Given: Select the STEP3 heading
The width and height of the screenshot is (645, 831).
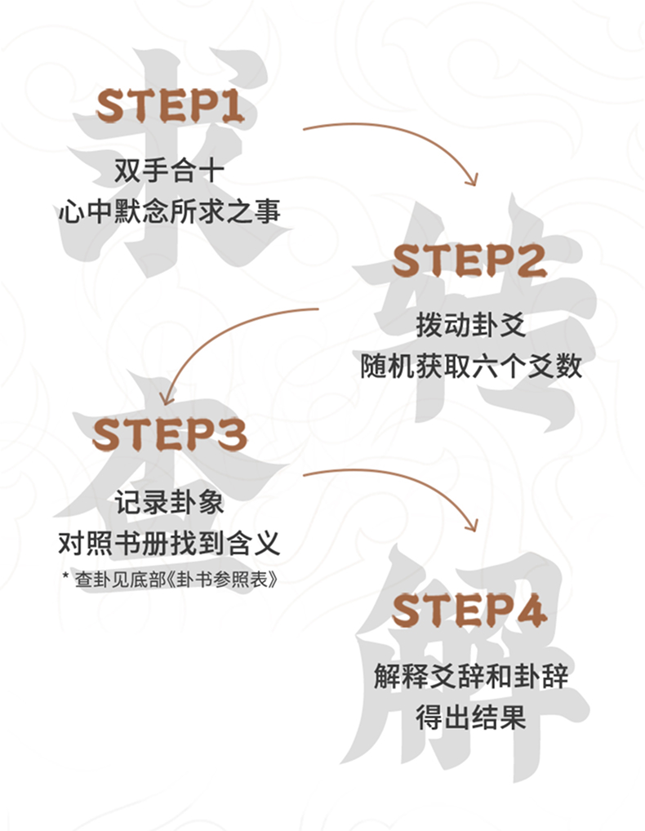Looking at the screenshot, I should click(169, 434).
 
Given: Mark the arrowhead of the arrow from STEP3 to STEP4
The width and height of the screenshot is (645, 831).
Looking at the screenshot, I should click(471, 525).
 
